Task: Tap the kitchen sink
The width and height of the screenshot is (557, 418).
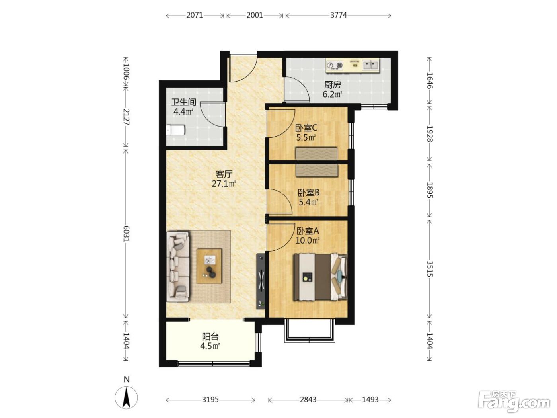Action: click(x=370, y=65)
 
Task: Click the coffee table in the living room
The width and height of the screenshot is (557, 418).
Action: click(x=209, y=266)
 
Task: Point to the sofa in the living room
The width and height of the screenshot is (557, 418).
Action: click(x=178, y=266)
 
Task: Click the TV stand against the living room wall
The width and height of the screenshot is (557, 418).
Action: click(x=261, y=281)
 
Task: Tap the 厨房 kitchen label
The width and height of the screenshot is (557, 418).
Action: click(x=333, y=85)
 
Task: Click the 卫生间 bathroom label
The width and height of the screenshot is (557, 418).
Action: click(x=184, y=102)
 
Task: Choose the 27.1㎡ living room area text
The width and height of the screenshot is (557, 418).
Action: click(x=224, y=184)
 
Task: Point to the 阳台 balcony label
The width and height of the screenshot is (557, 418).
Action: click(x=210, y=337)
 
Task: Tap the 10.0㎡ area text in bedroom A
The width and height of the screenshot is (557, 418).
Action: click(x=307, y=240)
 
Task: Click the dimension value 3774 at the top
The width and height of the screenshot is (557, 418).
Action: click(x=338, y=15)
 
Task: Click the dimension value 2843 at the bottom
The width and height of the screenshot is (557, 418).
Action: click(x=308, y=400)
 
